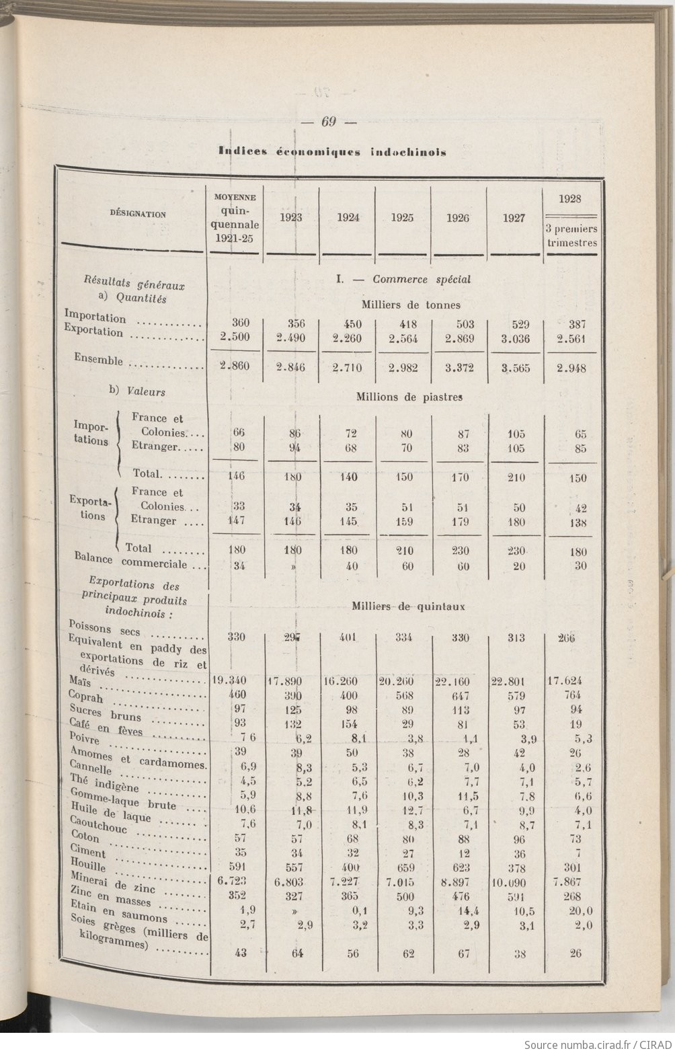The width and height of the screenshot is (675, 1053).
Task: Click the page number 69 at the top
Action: [x=328, y=122]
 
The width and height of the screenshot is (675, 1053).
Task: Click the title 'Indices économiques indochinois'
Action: [x=332, y=152]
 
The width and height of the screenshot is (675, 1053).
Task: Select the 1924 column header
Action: [x=347, y=218]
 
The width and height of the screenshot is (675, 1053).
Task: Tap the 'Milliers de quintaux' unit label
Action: [x=408, y=607]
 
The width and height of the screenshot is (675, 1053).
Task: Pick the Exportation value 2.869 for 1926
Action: [x=460, y=339]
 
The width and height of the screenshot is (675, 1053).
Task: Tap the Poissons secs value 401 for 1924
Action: [x=348, y=637]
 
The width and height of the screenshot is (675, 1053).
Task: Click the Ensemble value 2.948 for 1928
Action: [x=571, y=368]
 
